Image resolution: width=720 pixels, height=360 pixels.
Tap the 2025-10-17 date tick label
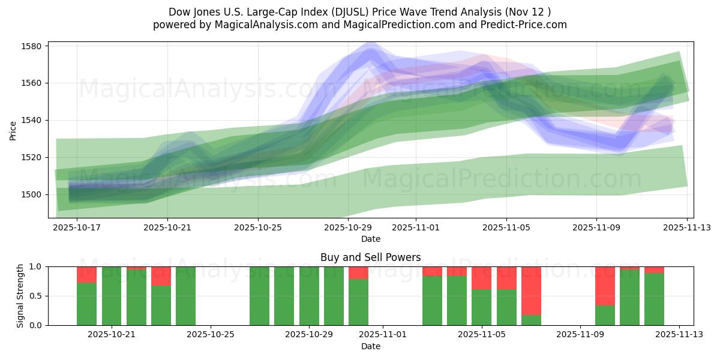pos(77,228)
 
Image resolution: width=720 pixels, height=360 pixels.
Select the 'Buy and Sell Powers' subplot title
pos(370,258)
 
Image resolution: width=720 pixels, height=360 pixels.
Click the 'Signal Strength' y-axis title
pos(20,296)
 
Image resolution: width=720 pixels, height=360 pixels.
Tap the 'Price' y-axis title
pos(13,130)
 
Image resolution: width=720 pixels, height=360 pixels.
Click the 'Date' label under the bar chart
pos(370,346)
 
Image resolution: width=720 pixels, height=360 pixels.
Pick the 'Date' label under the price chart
pos(370,239)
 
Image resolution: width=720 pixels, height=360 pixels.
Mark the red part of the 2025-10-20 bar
pos(87,274)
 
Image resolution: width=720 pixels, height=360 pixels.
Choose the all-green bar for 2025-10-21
pos(112,296)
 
